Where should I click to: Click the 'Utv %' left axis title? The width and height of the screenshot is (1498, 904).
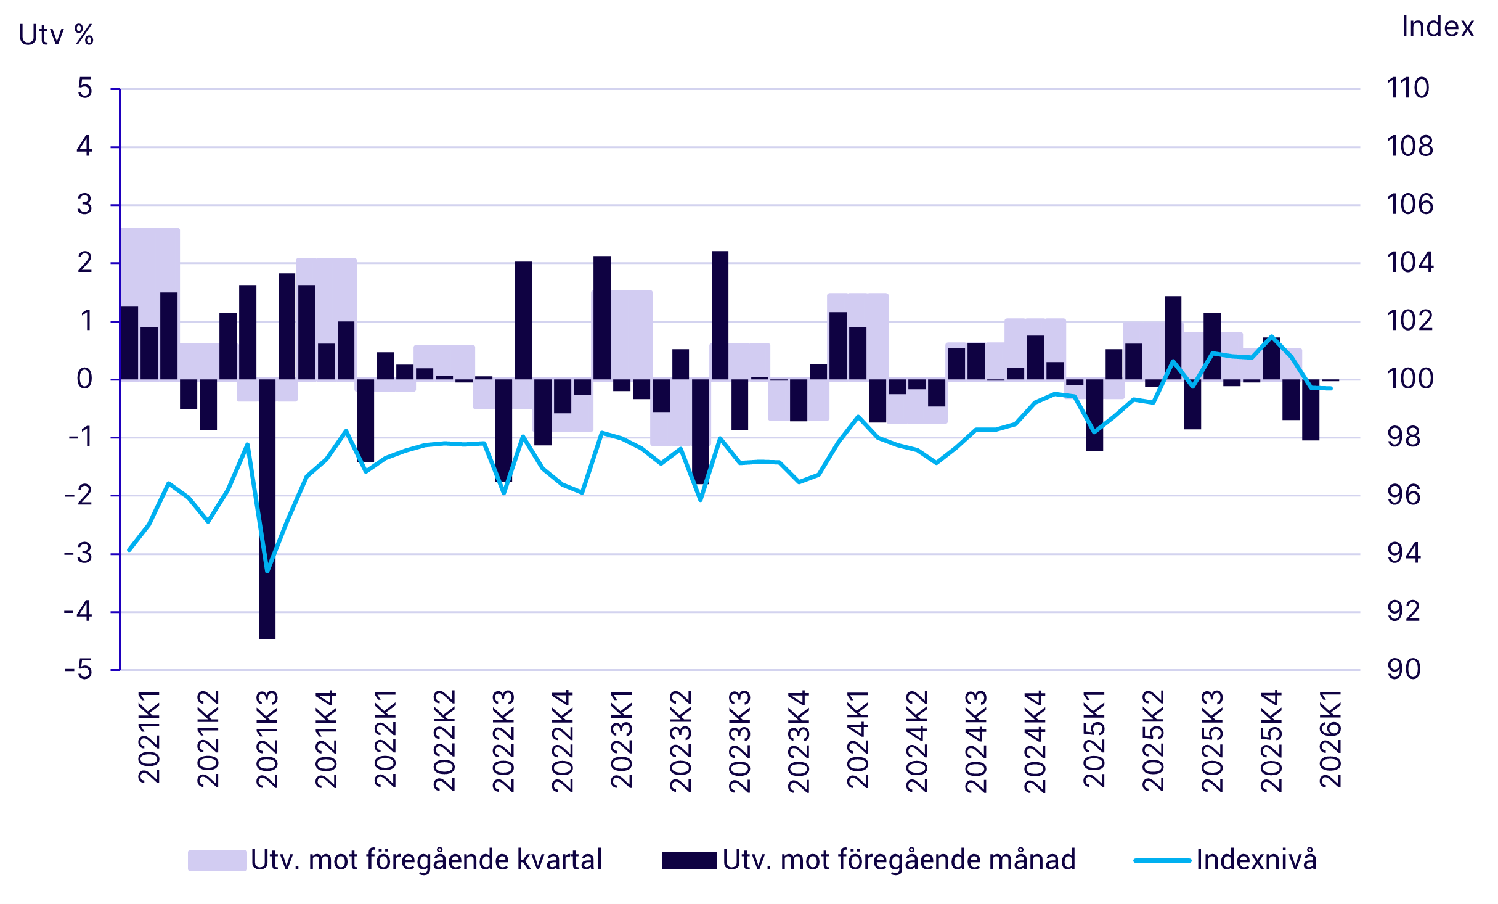(56, 35)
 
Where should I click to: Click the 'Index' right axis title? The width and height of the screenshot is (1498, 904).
(1437, 27)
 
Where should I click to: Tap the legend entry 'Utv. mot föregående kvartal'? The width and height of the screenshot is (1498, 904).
(426, 860)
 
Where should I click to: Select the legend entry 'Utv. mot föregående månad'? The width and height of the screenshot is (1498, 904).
(898, 860)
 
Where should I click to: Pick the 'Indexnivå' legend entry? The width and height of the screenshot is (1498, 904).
(1256, 860)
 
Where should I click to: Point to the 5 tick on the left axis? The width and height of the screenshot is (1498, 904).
(85, 89)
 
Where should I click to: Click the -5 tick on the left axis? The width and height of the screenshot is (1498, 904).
(79, 670)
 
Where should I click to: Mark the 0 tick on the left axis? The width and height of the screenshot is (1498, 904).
(85, 379)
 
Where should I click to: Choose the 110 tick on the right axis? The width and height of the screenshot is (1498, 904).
(1407, 89)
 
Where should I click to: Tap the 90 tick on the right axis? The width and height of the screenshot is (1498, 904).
(1404, 670)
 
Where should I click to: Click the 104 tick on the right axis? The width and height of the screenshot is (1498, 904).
(1410, 263)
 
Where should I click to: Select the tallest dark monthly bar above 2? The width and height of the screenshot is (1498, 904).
(720, 314)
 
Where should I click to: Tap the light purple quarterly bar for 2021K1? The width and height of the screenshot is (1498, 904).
(150, 271)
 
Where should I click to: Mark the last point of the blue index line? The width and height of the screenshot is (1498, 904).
(1331, 388)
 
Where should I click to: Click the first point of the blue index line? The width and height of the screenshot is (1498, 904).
(129, 549)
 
